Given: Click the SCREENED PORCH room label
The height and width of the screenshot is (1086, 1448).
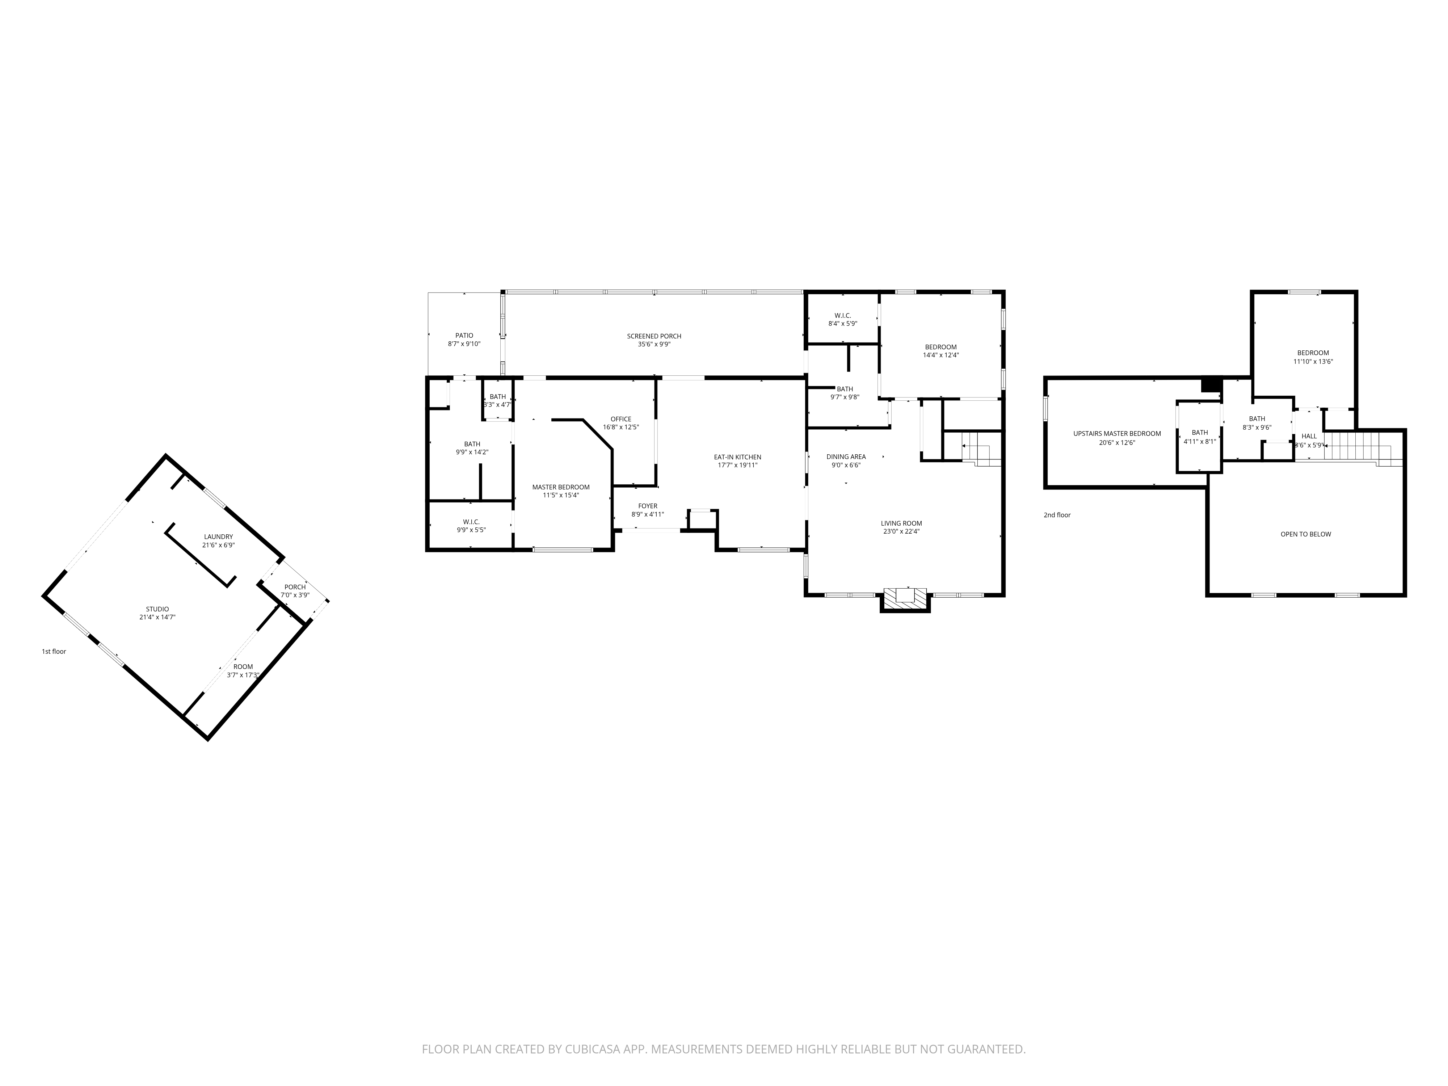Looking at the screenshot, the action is coord(654,336).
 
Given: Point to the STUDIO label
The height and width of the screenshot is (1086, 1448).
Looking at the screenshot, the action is coord(157,609).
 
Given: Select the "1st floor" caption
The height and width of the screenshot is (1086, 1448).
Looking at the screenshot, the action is coord(54,651).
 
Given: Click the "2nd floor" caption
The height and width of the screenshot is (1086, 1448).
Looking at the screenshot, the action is coord(1057,515).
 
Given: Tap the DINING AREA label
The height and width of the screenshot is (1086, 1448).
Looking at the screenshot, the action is coord(846,457).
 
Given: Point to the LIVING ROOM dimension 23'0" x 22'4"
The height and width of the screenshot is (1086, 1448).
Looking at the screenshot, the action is coord(901,531).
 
